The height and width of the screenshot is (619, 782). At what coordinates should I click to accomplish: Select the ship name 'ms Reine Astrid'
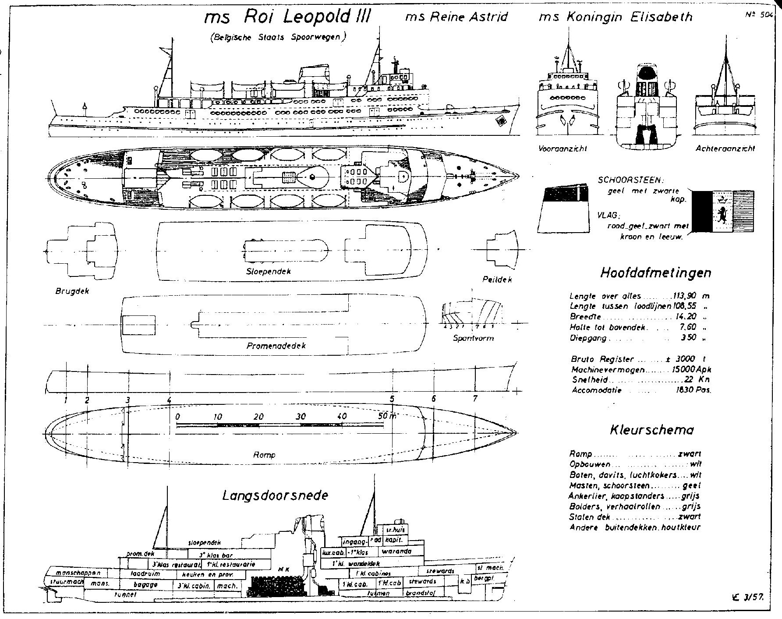456,17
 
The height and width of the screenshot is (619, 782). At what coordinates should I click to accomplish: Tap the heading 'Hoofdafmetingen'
655,273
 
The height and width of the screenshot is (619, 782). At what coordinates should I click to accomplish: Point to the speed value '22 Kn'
697,380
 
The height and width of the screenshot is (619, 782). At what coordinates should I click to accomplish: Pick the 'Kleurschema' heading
652,430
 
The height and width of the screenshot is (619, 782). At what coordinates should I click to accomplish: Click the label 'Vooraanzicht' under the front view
563,149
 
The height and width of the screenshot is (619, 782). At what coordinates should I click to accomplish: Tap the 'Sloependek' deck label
269,271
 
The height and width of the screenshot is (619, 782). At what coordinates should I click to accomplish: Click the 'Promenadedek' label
276,346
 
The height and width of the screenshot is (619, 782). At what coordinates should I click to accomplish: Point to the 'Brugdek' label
72,291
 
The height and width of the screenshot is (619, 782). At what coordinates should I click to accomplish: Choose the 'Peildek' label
497,279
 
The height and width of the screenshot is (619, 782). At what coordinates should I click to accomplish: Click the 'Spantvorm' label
473,338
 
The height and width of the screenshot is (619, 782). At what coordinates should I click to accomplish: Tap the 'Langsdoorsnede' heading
275,495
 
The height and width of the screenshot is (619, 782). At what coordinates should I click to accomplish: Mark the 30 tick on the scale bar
301,417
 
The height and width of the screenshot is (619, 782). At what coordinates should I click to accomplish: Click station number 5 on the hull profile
392,399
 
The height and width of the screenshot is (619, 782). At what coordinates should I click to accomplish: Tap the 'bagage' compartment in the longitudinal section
146,584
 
